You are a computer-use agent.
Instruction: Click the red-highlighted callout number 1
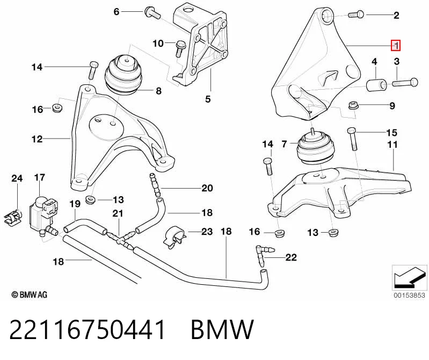[x=396, y=46]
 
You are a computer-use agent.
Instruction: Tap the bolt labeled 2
[x=356, y=14]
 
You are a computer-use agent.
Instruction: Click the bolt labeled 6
[x=151, y=12]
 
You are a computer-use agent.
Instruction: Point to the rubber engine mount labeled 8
[x=122, y=75]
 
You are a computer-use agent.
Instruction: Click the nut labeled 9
[x=353, y=106]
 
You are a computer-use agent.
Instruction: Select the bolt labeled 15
[x=352, y=139]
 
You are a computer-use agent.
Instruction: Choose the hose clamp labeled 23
[x=175, y=237]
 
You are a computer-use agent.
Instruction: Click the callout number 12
[x=37, y=139]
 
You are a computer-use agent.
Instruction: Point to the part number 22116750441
[x=88, y=329]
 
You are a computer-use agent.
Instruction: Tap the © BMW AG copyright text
[x=30, y=295]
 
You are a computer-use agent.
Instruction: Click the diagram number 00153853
[x=409, y=296]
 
